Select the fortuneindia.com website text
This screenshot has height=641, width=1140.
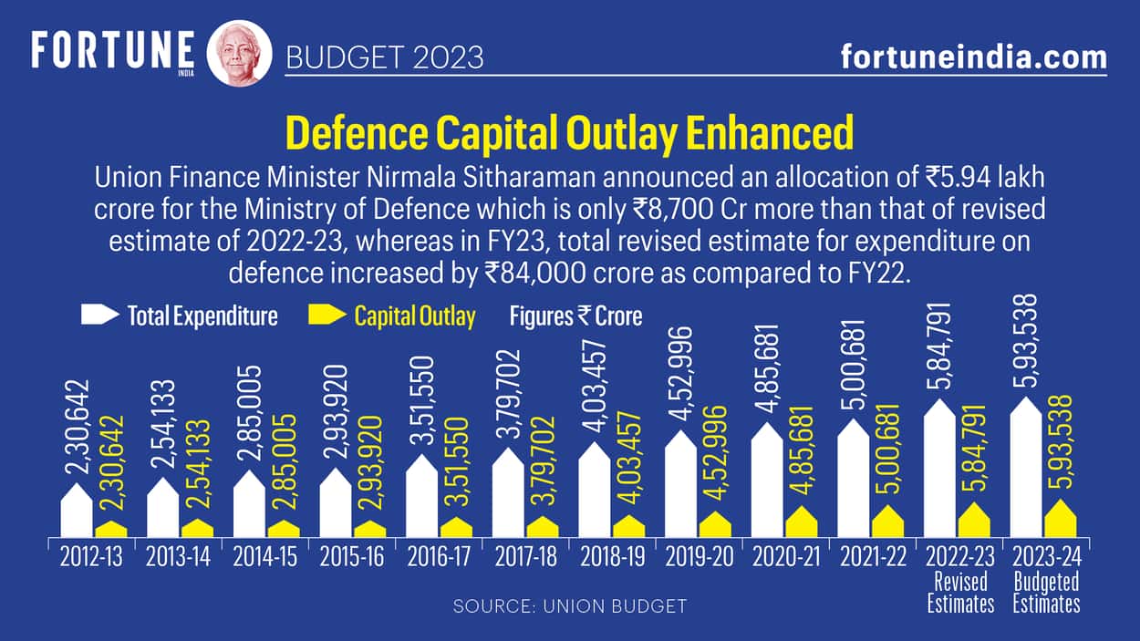(973, 57)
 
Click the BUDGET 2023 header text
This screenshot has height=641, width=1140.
(384, 58)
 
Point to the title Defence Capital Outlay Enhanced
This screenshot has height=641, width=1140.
(570, 133)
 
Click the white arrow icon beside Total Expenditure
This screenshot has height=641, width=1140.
(100, 315)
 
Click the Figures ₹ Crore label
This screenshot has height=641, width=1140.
(575, 316)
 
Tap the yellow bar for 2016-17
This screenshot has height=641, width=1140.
(456, 528)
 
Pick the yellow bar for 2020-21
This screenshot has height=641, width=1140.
(801, 522)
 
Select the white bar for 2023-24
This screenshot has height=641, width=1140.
(1028, 470)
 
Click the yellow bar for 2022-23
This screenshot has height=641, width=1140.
(973, 521)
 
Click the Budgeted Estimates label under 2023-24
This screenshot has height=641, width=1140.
(1046, 593)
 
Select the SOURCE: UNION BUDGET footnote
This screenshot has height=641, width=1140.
(570, 606)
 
